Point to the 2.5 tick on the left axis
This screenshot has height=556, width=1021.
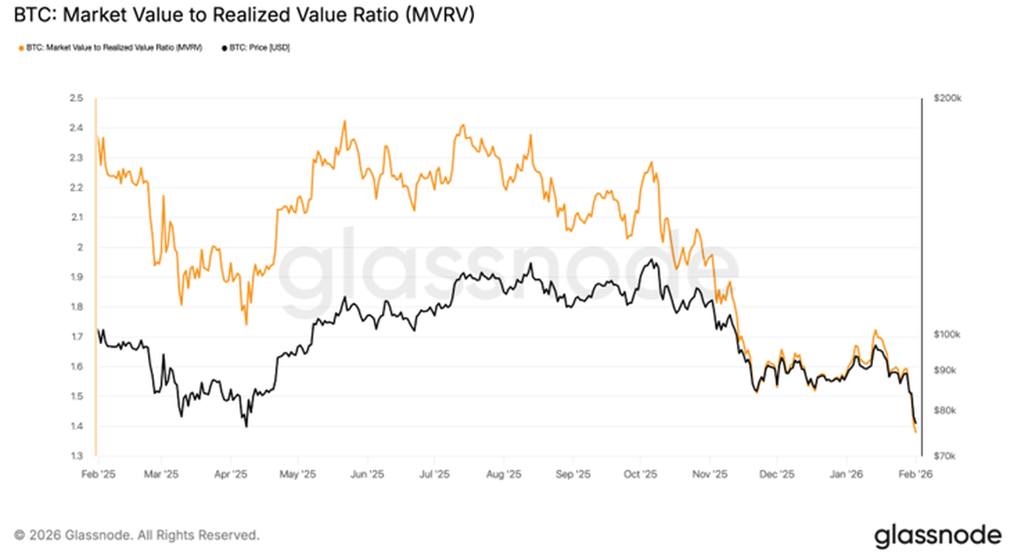pos(77,99)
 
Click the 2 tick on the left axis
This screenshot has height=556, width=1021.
pos(80,248)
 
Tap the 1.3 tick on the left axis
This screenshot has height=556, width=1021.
pos(77,456)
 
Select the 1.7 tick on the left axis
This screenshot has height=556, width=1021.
pos(77,337)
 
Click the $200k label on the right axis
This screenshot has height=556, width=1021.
pos(947,99)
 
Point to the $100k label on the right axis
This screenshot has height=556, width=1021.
pos(947,335)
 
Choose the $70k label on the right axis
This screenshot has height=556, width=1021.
pos(945,456)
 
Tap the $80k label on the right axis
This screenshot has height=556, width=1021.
pos(945,410)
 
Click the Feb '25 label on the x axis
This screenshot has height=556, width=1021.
pos(98,473)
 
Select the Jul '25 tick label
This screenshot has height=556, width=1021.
pos(435,473)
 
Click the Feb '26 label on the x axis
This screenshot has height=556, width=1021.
pos(915,473)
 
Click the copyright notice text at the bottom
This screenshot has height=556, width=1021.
pos(137,536)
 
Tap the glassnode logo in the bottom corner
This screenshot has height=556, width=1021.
pos(938,535)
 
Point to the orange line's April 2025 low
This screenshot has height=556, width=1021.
pos(246,324)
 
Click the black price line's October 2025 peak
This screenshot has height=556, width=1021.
pos(651,260)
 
